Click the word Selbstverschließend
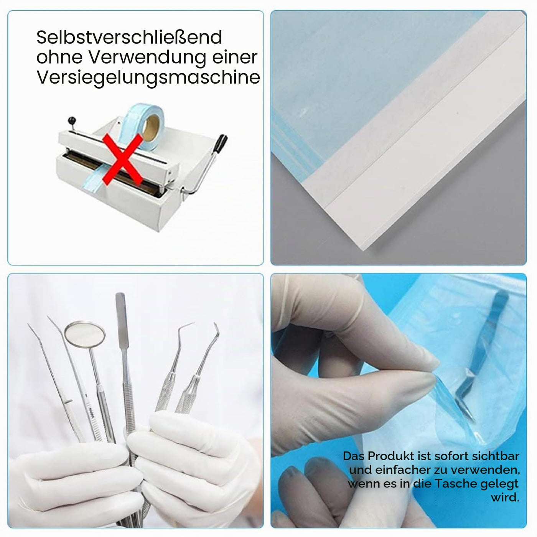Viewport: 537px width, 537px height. pyautogui.click(x=129, y=37)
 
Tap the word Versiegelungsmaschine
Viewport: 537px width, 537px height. pyautogui.click(x=148, y=78)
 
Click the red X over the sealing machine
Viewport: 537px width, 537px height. pyautogui.click(x=123, y=159)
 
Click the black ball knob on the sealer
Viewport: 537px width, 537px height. pyautogui.click(x=72, y=120)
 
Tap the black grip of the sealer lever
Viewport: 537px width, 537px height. pyautogui.click(x=220, y=143)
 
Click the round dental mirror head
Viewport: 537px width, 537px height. pyautogui.click(x=85, y=335)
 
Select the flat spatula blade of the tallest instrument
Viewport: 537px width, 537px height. pyautogui.click(x=121, y=320)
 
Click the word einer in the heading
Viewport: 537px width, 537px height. pyautogui.click(x=236, y=58)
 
